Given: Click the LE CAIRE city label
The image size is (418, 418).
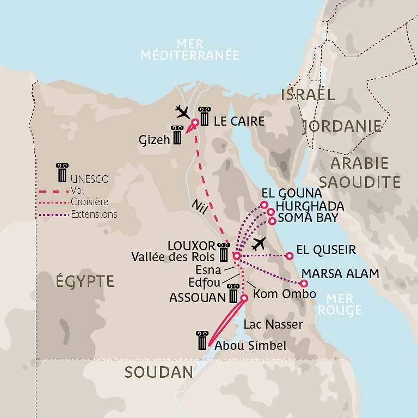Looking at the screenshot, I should point(239,121).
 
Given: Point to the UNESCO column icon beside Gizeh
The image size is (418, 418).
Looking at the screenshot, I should point(177,135).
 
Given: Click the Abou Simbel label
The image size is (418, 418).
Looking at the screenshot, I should point(250,346).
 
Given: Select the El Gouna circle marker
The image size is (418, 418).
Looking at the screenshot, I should point(264,205).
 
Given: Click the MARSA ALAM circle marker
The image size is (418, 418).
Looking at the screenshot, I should point(304,283).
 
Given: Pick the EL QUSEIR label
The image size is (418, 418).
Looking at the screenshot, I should point(326,250).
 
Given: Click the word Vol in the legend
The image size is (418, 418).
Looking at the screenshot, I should point(77,190).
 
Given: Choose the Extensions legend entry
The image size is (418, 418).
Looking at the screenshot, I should point(94,214).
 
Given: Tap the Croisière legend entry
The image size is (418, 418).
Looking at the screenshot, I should point(89,202).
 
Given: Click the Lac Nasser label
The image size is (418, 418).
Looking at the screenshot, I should point(273,325).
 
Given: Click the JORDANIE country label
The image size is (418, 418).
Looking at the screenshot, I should point(342,126).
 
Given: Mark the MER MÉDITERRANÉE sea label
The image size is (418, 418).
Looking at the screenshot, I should point(189,49).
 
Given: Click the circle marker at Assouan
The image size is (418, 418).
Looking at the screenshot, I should point(244,298).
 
